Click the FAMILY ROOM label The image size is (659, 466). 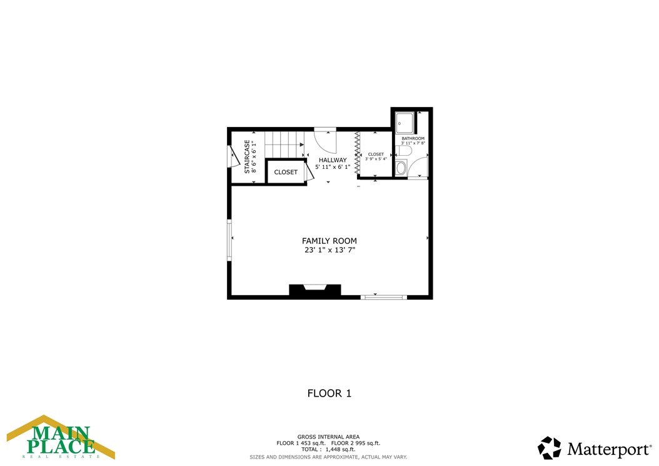tap(329, 241)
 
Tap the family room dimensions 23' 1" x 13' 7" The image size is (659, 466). tap(329, 250)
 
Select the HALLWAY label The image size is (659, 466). tap(333, 160)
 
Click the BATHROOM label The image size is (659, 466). tap(413, 138)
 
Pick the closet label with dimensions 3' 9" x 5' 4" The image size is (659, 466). tap(376, 154)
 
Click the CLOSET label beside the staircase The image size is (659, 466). tap(286, 172)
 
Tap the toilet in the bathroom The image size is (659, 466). tap(403, 151)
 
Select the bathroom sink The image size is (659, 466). tap(401, 167)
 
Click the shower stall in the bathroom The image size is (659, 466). tap(405, 123)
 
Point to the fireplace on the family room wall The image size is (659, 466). tap(314, 291)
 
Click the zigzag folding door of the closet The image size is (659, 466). tap(358, 154)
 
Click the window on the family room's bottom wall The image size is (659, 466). tap(384, 297)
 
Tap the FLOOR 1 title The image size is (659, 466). tap(329, 393)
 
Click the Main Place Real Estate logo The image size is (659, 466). tap(61, 437)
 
